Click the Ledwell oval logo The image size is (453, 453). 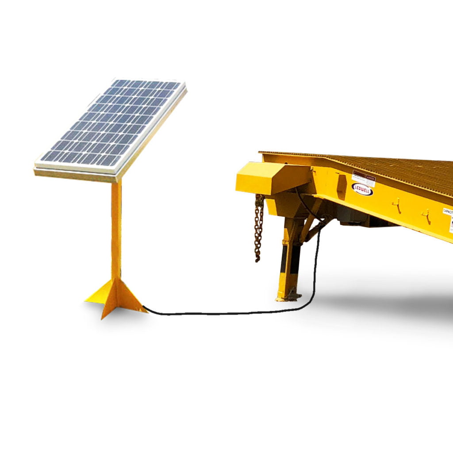[362, 189]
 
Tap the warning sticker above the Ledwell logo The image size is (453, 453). [363, 177]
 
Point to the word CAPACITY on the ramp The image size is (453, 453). [448, 211]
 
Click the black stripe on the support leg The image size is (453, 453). [284, 258]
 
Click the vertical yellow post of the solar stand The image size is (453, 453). [116, 230]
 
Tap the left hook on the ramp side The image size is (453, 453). [397, 204]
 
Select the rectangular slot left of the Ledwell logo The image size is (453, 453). [341, 186]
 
